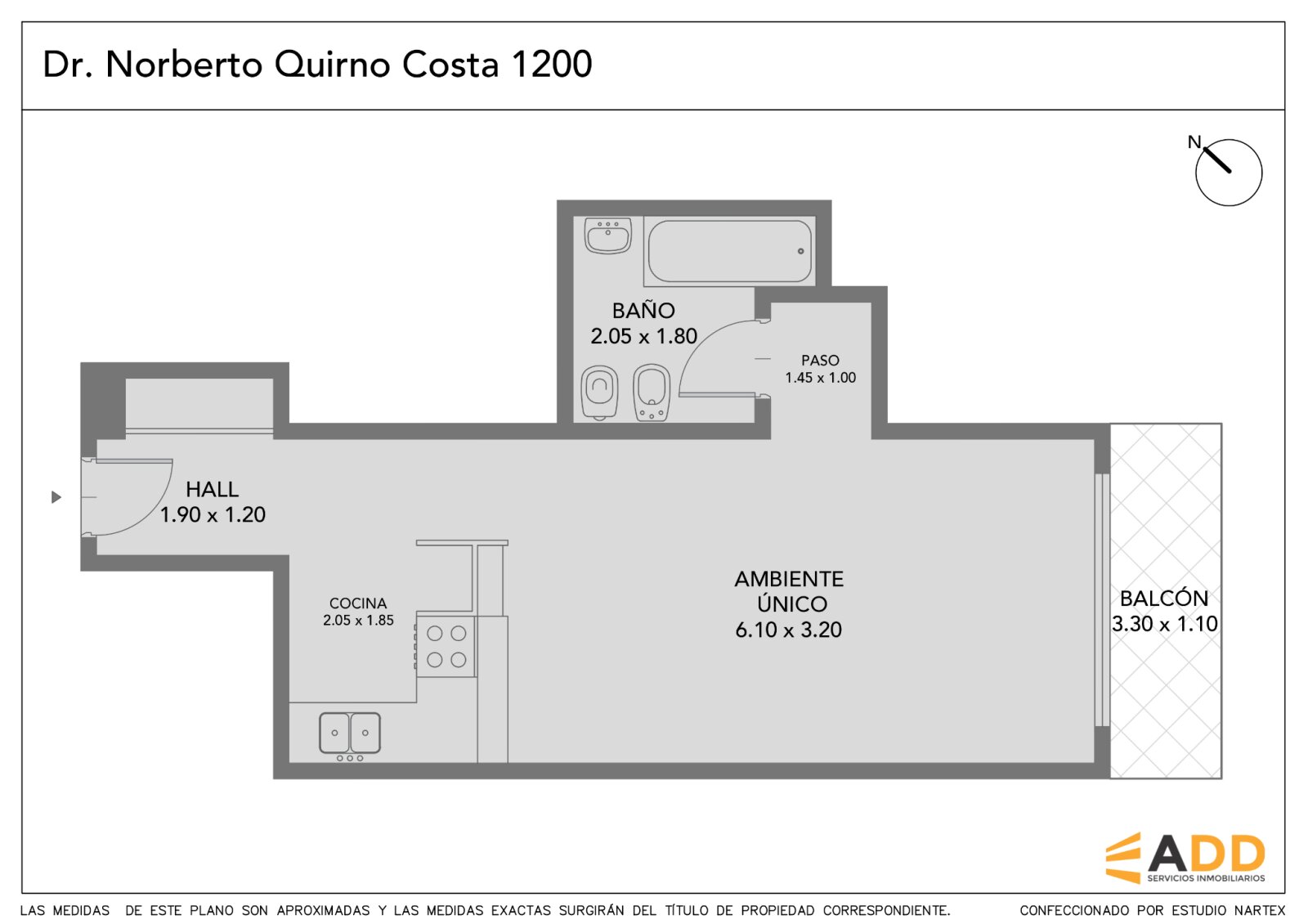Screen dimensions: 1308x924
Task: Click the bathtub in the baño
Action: pyautogui.click(x=729, y=251)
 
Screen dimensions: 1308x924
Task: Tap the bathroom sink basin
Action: pyautogui.click(x=608, y=236)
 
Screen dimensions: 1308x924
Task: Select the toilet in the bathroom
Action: pyautogui.click(x=600, y=392)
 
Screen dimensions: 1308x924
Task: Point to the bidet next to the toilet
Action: pyautogui.click(x=651, y=392)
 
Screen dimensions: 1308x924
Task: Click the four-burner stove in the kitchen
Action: pyautogui.click(x=446, y=647)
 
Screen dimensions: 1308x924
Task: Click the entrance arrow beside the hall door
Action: pyautogui.click(x=56, y=497)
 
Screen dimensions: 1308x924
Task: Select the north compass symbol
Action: pyautogui.click(x=1228, y=173)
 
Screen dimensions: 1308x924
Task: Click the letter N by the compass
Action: pyautogui.click(x=1194, y=142)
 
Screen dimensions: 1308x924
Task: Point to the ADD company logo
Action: pyautogui.click(x=1185, y=858)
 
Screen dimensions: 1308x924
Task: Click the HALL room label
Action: pyautogui.click(x=212, y=489)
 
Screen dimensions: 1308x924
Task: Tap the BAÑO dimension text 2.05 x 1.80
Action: pyautogui.click(x=643, y=336)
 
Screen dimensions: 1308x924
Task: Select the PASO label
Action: pyautogui.click(x=820, y=361)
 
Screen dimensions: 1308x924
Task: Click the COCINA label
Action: pyautogui.click(x=358, y=603)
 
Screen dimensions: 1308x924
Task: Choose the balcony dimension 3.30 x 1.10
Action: pyautogui.click(x=1164, y=625)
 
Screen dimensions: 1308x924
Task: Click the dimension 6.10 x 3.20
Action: pyautogui.click(x=788, y=630)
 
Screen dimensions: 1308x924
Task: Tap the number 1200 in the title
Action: pyautogui.click(x=551, y=64)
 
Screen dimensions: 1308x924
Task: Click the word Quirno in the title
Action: pyautogui.click(x=332, y=65)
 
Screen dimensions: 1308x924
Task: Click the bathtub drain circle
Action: pyautogui.click(x=800, y=251)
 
